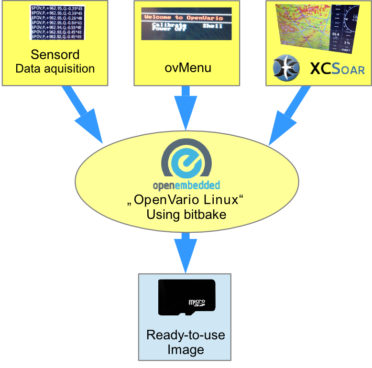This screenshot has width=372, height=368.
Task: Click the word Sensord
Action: click(55, 54)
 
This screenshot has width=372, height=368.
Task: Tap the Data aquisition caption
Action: click(55, 68)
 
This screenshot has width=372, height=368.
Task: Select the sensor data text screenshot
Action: click(55, 22)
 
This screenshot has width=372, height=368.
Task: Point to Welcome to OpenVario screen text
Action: click(186, 17)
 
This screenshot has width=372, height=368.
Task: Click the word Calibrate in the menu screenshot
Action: click(168, 24)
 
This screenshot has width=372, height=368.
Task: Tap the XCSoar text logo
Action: click(337, 69)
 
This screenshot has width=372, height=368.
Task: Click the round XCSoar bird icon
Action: click(287, 67)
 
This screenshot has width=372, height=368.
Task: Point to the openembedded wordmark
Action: click(186, 184)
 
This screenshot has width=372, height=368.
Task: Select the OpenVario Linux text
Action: click(186, 200)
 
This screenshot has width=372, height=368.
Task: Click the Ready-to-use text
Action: click(186, 335)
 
